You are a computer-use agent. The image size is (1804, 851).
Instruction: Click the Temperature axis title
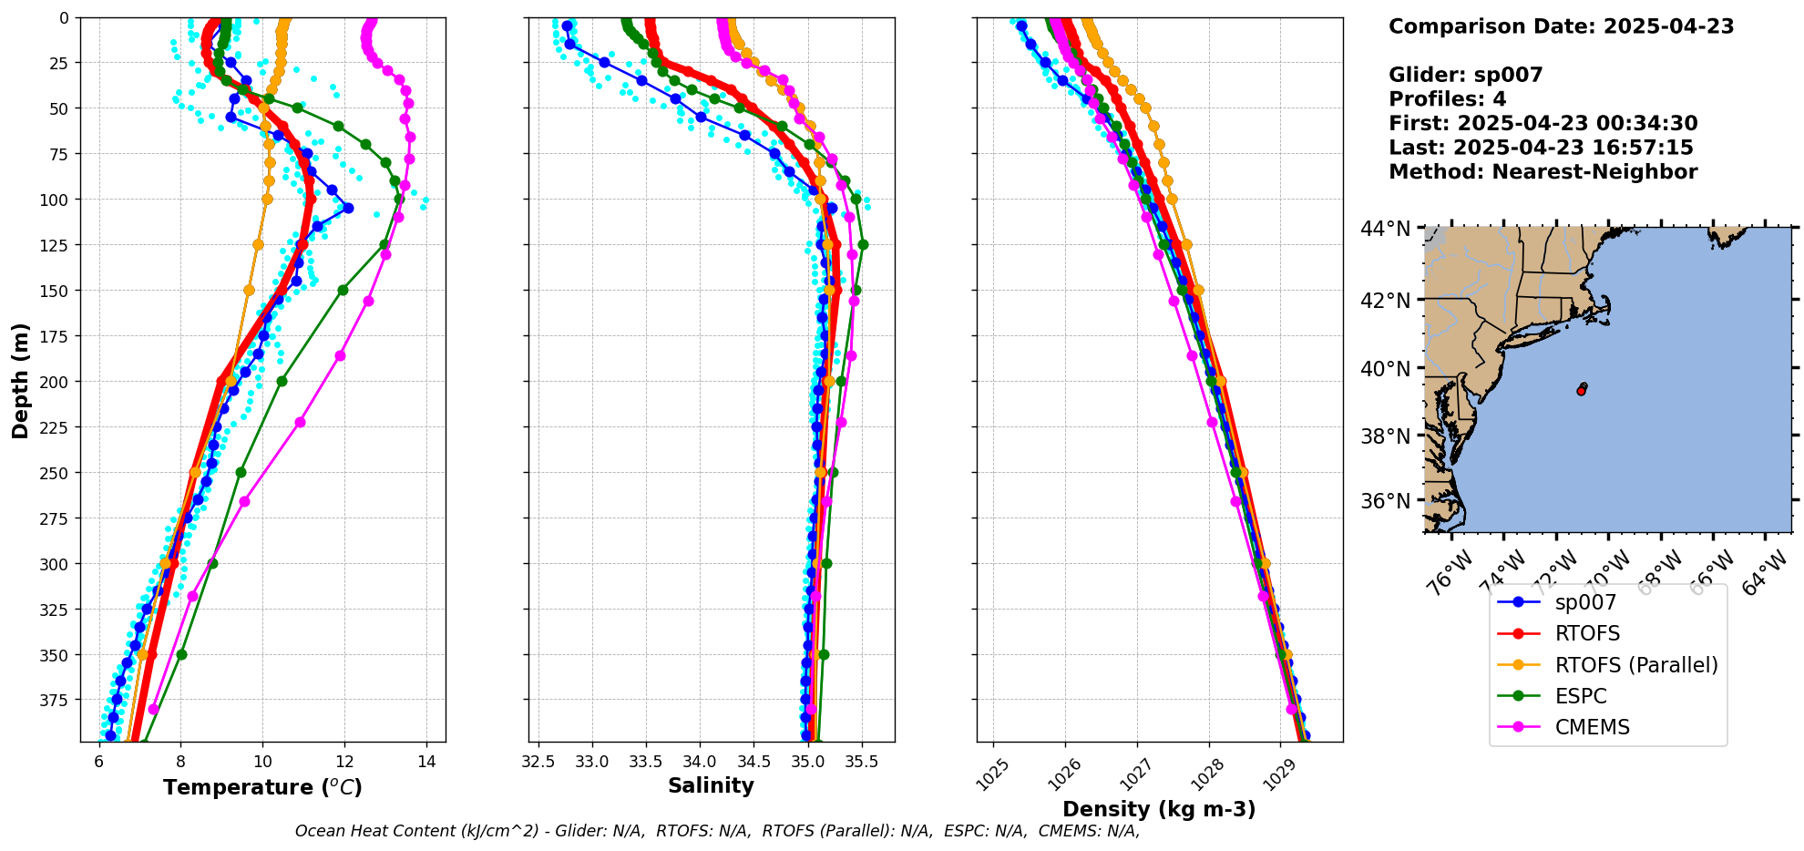coord(262,787)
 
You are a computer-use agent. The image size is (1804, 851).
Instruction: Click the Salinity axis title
coord(711,785)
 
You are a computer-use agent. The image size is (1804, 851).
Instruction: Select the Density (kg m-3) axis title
coord(1159,809)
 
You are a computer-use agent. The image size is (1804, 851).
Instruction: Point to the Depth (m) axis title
coord(20,380)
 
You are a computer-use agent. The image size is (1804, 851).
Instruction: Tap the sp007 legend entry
coord(1585,602)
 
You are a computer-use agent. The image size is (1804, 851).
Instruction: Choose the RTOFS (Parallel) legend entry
coord(1635,665)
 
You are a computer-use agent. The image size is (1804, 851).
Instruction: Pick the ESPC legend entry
coord(1581,696)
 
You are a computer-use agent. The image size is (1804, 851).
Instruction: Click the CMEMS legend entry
coord(1592,727)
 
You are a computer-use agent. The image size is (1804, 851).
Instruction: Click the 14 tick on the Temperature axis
coord(426,762)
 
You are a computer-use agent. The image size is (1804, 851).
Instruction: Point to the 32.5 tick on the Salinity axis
coord(538,762)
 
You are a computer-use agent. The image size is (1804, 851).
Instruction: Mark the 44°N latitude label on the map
coord(1386,229)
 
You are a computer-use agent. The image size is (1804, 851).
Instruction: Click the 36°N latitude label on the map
coord(1386,501)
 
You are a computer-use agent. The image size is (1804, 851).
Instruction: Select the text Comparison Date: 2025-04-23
coord(1561,26)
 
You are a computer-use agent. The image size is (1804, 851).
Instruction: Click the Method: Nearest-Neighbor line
coord(1543,172)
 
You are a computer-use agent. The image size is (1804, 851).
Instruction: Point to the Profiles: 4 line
coord(1447,99)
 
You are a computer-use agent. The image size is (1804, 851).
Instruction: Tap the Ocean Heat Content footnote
coord(717,831)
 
